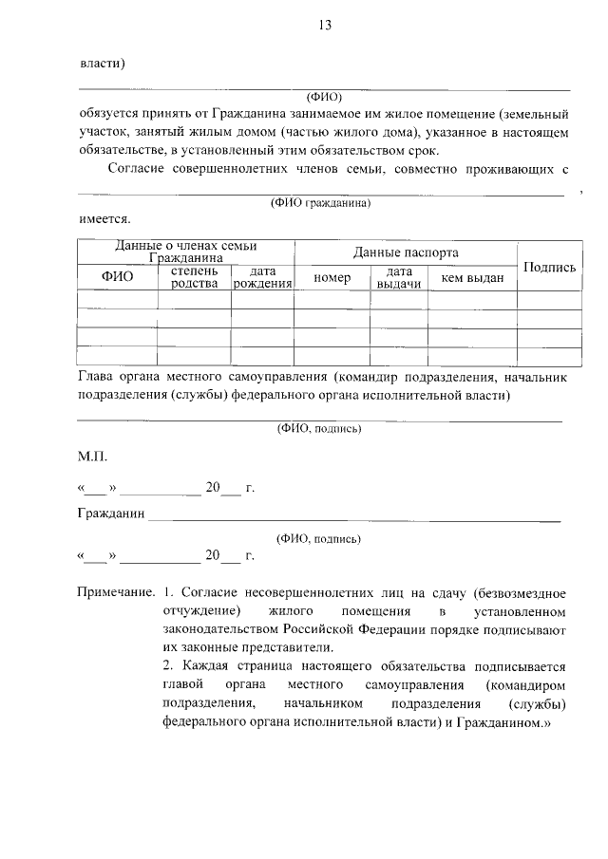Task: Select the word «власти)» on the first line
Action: tap(103, 64)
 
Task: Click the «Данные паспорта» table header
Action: tap(406, 252)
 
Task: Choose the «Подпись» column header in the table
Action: tap(549, 268)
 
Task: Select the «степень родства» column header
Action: tap(194, 277)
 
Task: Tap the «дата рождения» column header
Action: tap(262, 277)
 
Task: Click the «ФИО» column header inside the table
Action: tap(117, 277)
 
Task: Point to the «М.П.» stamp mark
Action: tap(93, 457)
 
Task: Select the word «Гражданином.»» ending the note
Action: tap(504, 721)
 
